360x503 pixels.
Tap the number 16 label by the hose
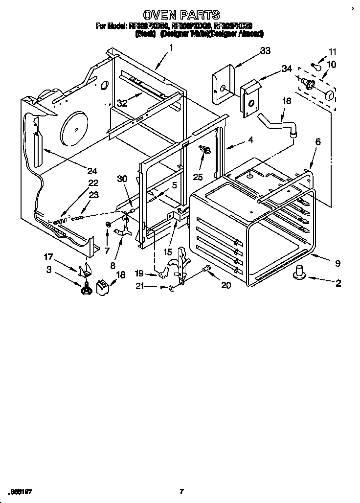tap(287, 101)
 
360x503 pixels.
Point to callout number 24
tap(91, 171)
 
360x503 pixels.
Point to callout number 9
tap(337, 263)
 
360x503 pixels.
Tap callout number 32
tap(122, 103)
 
